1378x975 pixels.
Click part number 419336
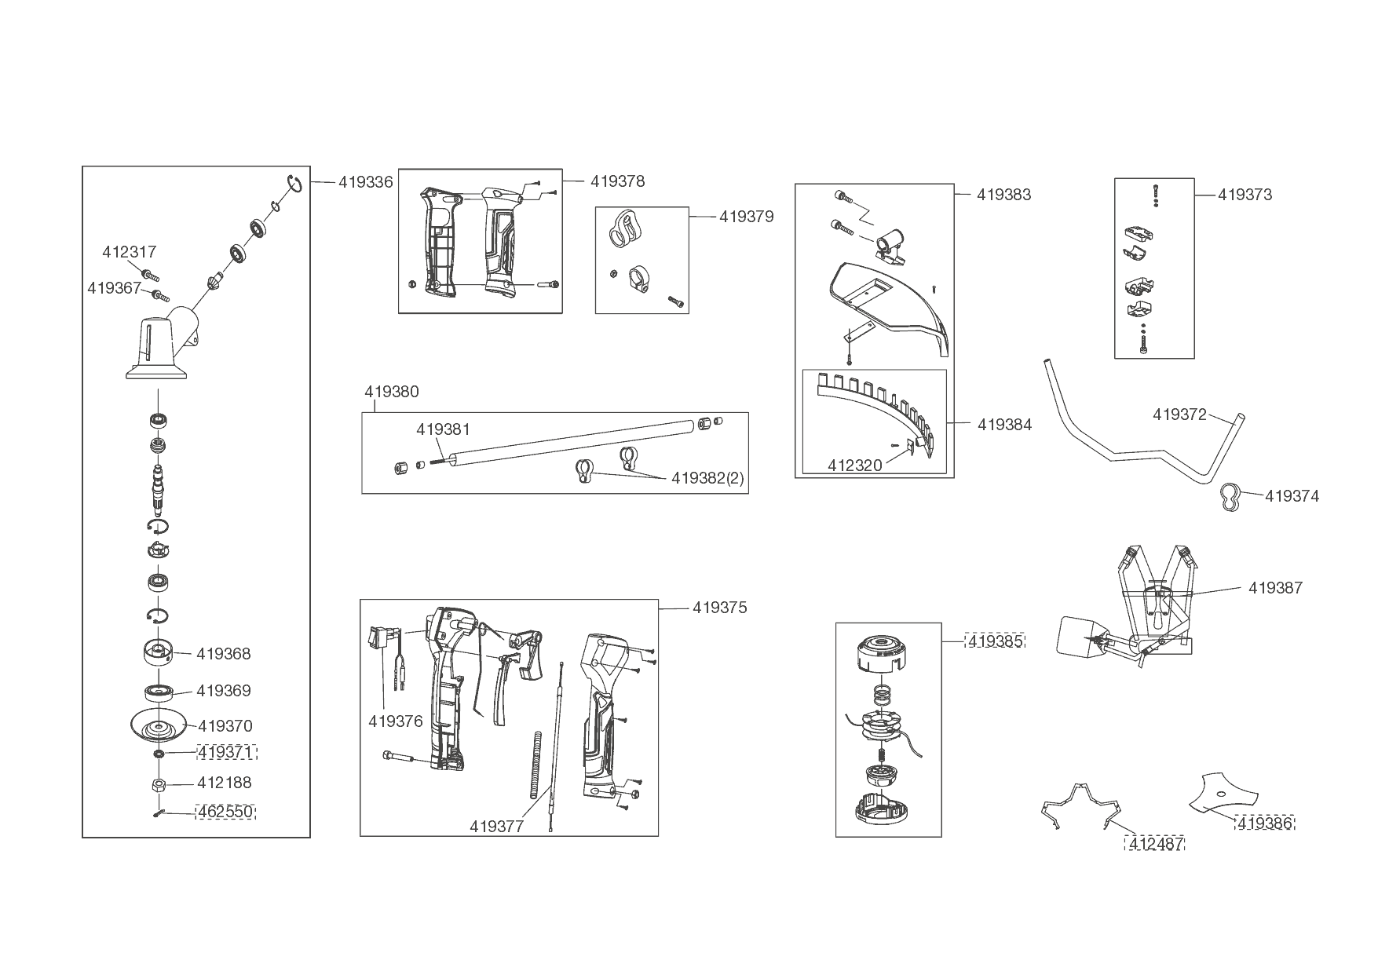click(366, 182)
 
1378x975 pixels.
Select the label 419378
click(618, 181)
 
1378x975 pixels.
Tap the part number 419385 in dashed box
click(996, 641)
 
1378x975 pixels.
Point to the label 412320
click(855, 466)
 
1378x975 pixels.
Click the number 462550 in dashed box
click(226, 812)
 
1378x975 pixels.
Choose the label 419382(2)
click(707, 479)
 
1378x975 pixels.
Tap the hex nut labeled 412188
click(157, 783)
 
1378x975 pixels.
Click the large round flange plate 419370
click(159, 726)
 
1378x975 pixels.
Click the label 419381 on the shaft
click(443, 430)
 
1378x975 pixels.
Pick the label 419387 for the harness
click(1275, 588)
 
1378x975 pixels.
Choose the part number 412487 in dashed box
click(1156, 844)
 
